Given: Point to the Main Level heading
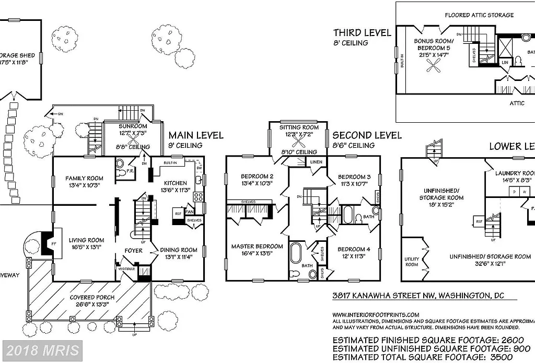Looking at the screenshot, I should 195,135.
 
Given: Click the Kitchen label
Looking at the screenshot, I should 175,183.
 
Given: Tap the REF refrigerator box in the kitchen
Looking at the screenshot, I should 178,213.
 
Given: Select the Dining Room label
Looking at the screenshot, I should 178,250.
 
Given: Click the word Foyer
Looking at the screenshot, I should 133,250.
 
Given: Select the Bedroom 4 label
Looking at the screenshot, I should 354,249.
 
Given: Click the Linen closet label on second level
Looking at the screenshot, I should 316,162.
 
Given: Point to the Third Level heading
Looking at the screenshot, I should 362,32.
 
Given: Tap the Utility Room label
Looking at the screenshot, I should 412,262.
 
